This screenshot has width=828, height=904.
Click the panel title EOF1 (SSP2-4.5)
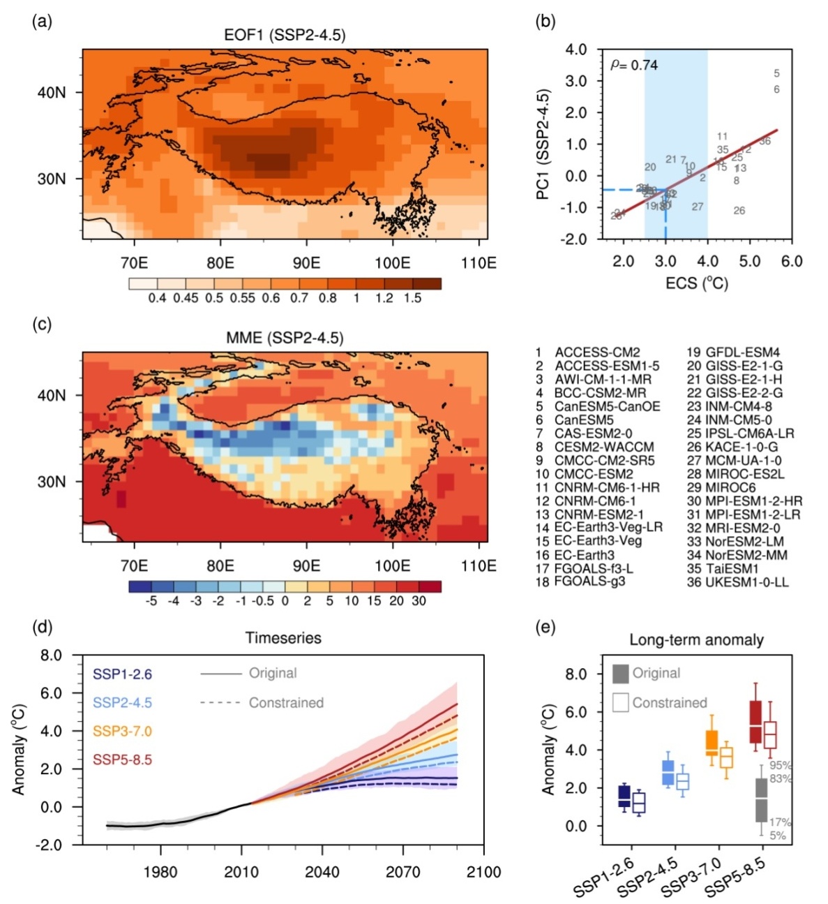click(x=285, y=35)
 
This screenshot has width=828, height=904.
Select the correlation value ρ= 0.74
click(x=634, y=65)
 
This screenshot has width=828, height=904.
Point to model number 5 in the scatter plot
click(x=776, y=73)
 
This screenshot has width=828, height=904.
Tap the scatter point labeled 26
click(x=739, y=211)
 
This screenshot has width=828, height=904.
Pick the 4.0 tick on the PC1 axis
click(x=575, y=50)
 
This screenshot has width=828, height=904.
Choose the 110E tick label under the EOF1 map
click(x=479, y=262)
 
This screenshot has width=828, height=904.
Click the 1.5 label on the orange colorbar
click(x=412, y=298)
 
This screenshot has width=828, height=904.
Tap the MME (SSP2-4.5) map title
click(x=285, y=338)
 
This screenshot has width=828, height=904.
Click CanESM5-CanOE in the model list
click(x=607, y=406)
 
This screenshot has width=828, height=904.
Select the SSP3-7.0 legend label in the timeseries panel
click(x=122, y=731)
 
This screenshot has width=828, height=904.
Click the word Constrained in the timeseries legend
click(x=286, y=702)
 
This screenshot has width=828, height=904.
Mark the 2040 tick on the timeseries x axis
click(x=322, y=872)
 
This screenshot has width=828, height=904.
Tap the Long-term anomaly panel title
click(x=696, y=639)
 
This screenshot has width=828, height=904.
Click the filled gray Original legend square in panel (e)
click(x=620, y=674)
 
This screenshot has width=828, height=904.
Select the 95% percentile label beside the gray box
click(x=780, y=765)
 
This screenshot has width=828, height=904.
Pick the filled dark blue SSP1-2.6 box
click(x=625, y=796)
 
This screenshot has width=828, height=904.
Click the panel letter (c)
click(x=42, y=325)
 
